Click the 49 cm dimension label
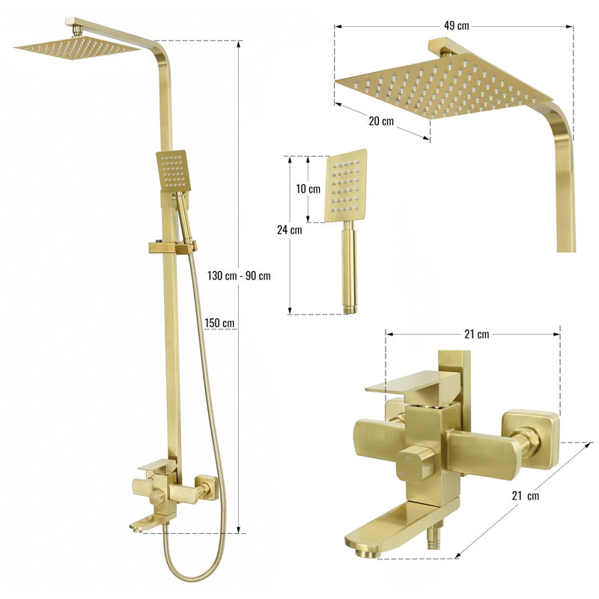[x=457, y=25]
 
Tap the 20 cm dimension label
[x=381, y=121]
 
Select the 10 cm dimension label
[x=308, y=189]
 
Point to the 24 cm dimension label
[x=289, y=230]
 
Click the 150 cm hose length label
[x=219, y=323]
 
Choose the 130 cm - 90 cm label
[x=239, y=276]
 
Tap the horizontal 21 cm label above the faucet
[x=476, y=334]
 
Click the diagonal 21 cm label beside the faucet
[x=526, y=496]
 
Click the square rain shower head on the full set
[x=77, y=49]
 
